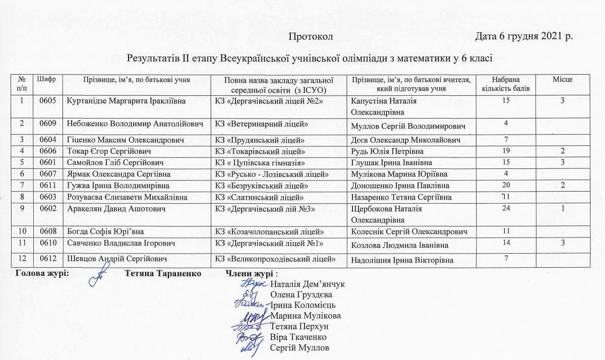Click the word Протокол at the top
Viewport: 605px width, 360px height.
311,37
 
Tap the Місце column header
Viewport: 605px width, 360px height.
562,79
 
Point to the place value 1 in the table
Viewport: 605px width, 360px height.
562,208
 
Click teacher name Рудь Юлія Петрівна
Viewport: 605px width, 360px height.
387,151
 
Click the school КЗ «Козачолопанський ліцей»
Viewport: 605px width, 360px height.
269,232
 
